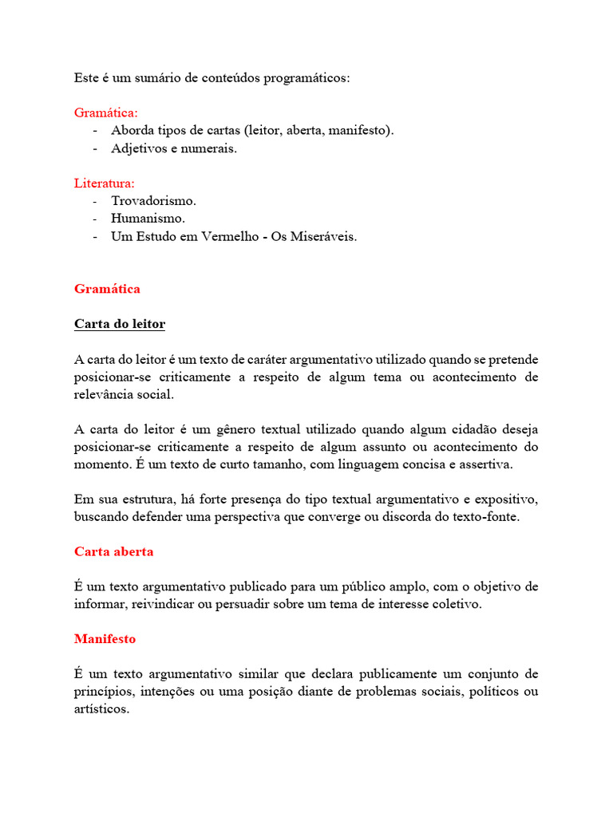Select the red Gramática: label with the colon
(x=106, y=113)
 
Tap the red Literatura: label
(x=105, y=184)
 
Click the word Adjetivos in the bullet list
(x=138, y=148)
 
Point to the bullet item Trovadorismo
(x=153, y=201)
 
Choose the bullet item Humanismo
(x=148, y=219)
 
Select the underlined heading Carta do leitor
(x=120, y=324)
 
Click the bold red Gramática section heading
(x=107, y=289)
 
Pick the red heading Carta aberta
(x=113, y=551)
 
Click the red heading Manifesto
(x=105, y=638)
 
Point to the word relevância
(x=104, y=394)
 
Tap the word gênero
(x=235, y=429)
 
